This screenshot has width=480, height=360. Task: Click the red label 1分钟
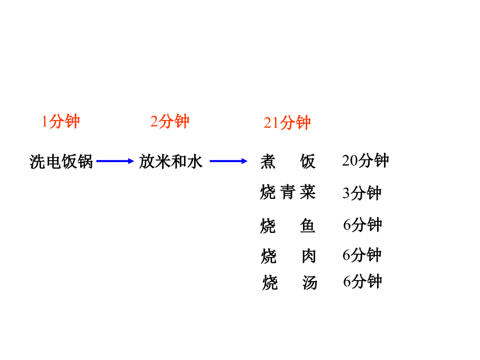[x=61, y=121]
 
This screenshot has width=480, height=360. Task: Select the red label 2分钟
[x=170, y=121]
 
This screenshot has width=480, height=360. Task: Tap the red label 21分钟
[x=287, y=123]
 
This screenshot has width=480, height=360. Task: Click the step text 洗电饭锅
[x=61, y=161]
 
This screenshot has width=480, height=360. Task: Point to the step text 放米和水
[x=171, y=161]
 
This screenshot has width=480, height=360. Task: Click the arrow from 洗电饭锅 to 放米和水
[x=115, y=161]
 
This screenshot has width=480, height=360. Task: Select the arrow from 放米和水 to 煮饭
[x=228, y=161]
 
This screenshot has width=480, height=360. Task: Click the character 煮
[x=268, y=161]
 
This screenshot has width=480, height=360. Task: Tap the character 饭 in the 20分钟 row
[x=308, y=161]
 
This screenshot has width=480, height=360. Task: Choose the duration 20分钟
[x=365, y=160]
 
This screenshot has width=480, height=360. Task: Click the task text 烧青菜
[x=288, y=192]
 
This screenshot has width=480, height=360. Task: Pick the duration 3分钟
[x=362, y=193]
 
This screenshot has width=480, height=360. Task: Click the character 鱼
[x=308, y=226]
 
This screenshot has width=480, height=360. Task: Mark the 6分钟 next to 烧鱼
[x=363, y=225]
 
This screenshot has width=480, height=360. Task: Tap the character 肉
[x=309, y=256]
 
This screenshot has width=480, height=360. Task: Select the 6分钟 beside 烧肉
[x=362, y=255]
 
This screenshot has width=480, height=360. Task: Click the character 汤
[x=310, y=283]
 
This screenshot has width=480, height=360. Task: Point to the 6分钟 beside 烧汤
[x=363, y=281]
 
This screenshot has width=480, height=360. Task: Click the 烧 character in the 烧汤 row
[x=270, y=283]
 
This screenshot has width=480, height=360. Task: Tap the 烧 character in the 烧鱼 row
[x=268, y=226]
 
